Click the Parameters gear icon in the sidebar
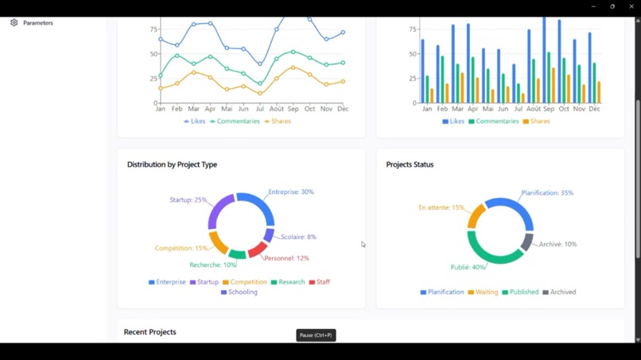[x=14, y=23]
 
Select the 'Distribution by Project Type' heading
[x=172, y=165]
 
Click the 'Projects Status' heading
[x=410, y=165]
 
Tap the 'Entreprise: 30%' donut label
[x=290, y=192]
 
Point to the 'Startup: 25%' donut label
[x=188, y=200]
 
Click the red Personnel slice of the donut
[x=258, y=250]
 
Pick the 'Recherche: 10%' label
[x=212, y=265]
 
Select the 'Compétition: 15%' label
[x=181, y=248]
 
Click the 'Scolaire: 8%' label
[x=298, y=237]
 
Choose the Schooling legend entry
[x=239, y=292]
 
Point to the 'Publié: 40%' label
[x=468, y=268]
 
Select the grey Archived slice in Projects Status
[x=526, y=242]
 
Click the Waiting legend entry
[x=483, y=292]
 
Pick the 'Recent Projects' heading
[x=150, y=332]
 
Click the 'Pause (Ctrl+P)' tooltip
[x=316, y=335]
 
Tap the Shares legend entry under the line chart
[x=278, y=122]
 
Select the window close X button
[x=631, y=6]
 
